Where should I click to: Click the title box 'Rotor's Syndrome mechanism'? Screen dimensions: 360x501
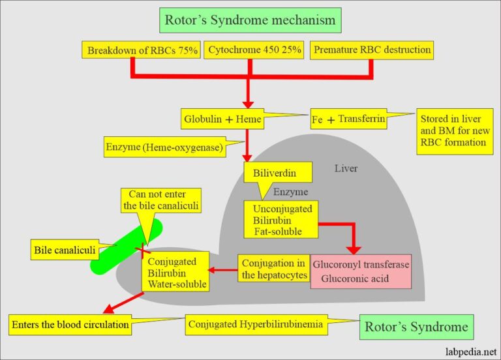pos(250,20)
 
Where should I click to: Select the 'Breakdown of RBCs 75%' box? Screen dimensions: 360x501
pos(142,50)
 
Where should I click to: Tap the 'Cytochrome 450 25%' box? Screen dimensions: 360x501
pos(255,50)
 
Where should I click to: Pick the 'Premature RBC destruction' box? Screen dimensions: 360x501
pos(371,50)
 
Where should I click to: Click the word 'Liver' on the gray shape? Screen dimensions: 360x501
pos(346,168)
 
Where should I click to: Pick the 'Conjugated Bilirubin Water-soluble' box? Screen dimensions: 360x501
pos(174,273)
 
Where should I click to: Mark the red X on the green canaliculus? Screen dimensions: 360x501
pos(139,249)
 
